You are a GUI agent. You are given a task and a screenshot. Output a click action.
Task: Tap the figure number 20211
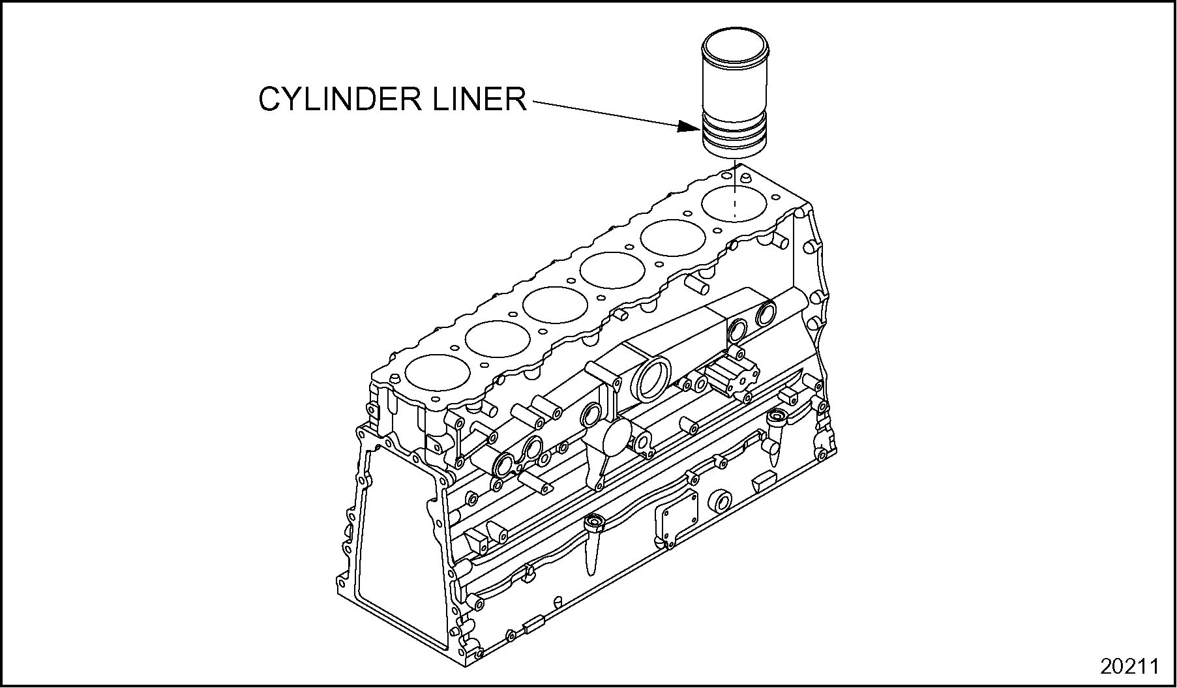[1129, 666]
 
